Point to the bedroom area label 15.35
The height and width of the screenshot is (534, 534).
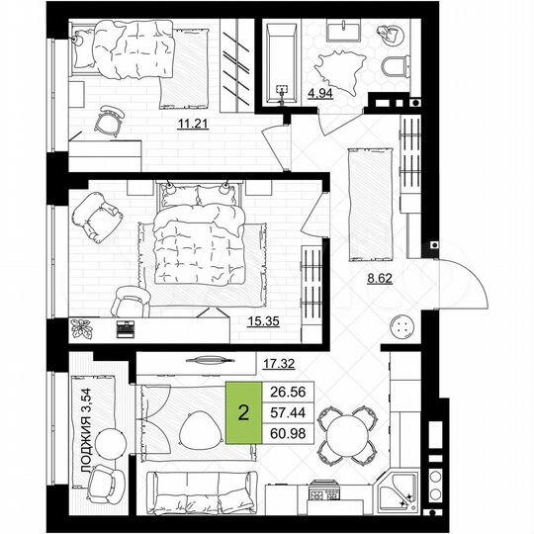coord(261,319)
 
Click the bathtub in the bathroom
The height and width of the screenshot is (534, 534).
coord(283,62)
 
